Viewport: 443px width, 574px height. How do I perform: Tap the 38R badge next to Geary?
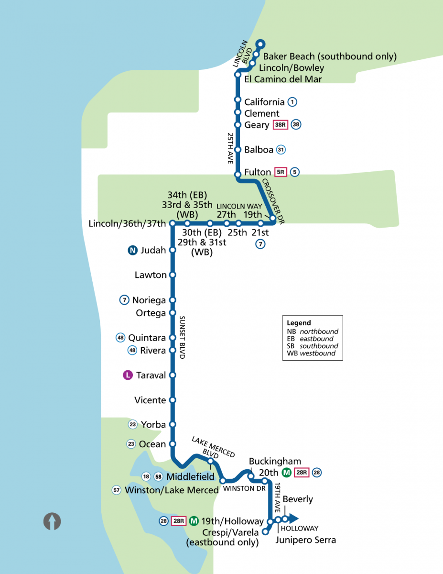(280, 125)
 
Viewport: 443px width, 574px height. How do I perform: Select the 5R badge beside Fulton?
(280, 172)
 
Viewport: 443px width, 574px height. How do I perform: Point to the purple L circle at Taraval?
(128, 375)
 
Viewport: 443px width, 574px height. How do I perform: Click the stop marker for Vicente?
(173, 400)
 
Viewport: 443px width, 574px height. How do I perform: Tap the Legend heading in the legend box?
(299, 323)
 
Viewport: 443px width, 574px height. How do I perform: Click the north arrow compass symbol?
(52, 521)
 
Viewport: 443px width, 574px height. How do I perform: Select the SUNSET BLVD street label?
(182, 337)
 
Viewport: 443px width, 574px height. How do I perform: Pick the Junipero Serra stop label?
(306, 541)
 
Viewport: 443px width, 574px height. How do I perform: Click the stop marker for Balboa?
(238, 150)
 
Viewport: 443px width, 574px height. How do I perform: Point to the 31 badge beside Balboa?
(281, 150)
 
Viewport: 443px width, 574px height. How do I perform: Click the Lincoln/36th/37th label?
(128, 223)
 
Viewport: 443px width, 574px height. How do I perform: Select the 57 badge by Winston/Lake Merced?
(116, 490)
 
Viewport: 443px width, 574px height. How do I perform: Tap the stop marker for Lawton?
(173, 275)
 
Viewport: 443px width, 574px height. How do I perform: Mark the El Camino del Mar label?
(283, 79)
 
